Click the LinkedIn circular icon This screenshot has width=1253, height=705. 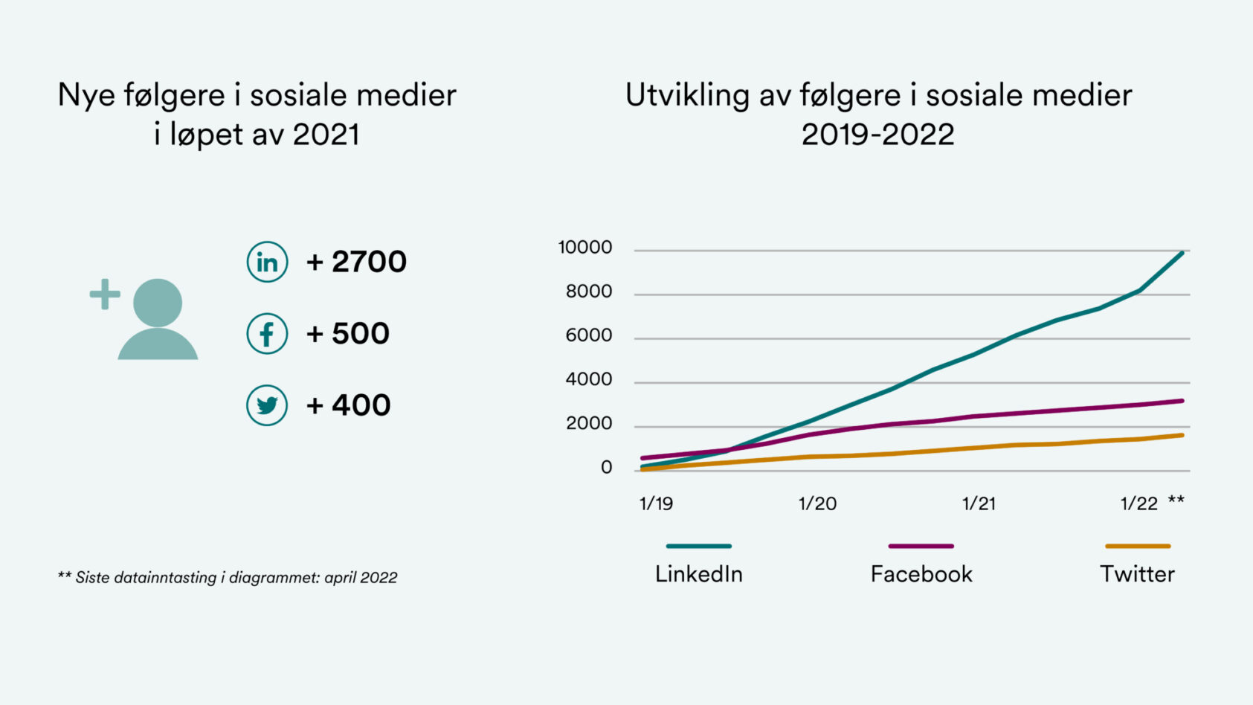coord(267,262)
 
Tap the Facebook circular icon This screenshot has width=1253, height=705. coord(267,333)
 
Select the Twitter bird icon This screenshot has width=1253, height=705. coord(267,405)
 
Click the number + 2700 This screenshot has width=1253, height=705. coord(357,262)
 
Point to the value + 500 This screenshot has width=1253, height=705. coord(348,333)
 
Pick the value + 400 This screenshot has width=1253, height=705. coord(349,405)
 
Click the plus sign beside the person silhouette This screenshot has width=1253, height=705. coord(105,294)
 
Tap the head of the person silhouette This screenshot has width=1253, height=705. coord(158,302)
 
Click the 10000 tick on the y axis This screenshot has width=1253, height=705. coord(585,248)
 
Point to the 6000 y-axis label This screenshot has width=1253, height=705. coord(589,335)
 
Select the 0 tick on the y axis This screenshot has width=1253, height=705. coord(607,468)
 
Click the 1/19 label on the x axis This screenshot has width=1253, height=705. coord(656,503)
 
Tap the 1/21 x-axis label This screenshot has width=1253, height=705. coord(979,503)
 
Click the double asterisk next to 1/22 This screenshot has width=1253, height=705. coord(1176,500)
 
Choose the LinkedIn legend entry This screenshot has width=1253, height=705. coord(699,573)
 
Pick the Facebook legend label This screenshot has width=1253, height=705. coord(921,573)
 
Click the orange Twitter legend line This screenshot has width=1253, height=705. coord(1138,546)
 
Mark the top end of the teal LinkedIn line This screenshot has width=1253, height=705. coord(1182,254)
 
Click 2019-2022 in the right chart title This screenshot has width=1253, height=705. coord(877,135)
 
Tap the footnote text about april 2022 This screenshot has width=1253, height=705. coord(228,577)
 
